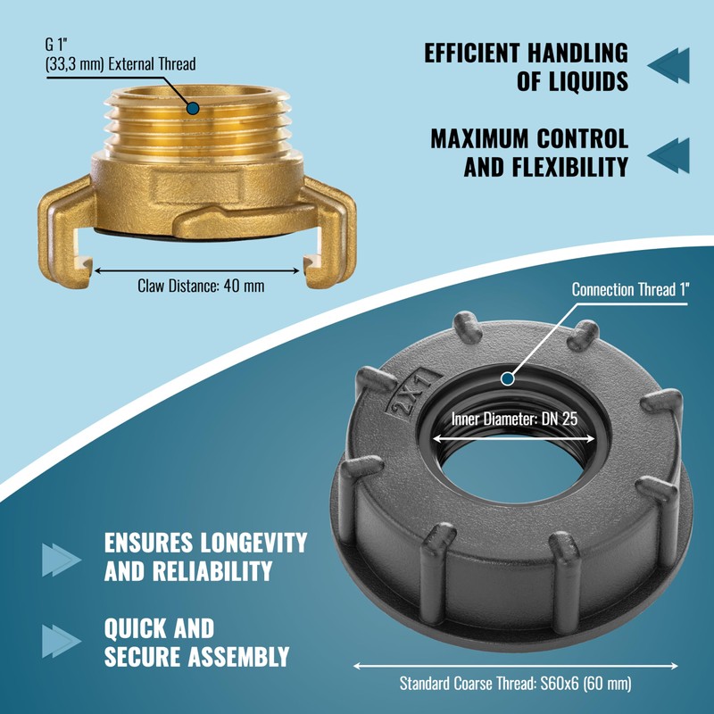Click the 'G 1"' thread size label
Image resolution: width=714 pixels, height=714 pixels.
(56, 45)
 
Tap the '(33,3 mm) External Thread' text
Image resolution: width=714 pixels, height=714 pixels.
(120, 64)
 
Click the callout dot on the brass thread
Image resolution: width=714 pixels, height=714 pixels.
(193, 108)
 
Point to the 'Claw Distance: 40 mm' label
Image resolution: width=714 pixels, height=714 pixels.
(201, 286)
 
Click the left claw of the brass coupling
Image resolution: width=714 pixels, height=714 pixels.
(66, 232)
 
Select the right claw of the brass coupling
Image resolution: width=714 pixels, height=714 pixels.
(328, 233)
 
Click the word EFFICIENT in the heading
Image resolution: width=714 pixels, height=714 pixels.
(472, 53)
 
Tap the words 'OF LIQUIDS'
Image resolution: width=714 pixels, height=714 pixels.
(572, 81)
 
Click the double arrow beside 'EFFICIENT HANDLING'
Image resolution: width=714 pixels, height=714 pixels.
(668, 65)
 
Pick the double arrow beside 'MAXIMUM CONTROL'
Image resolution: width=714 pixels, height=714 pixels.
(668, 155)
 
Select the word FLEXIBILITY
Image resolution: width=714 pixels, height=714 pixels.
(570, 167)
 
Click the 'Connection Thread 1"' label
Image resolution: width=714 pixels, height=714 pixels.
(631, 289)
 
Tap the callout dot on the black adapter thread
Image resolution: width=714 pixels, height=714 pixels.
(508, 378)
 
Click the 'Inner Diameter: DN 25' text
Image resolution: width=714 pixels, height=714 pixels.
(515, 419)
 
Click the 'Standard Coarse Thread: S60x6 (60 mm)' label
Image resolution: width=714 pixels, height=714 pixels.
(516, 684)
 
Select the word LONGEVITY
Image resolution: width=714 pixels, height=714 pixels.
(253, 543)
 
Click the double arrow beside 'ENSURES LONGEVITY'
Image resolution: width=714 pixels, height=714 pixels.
(62, 560)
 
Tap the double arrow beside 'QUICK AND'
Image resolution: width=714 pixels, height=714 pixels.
(62, 641)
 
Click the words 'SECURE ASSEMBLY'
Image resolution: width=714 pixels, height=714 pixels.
(196, 657)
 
